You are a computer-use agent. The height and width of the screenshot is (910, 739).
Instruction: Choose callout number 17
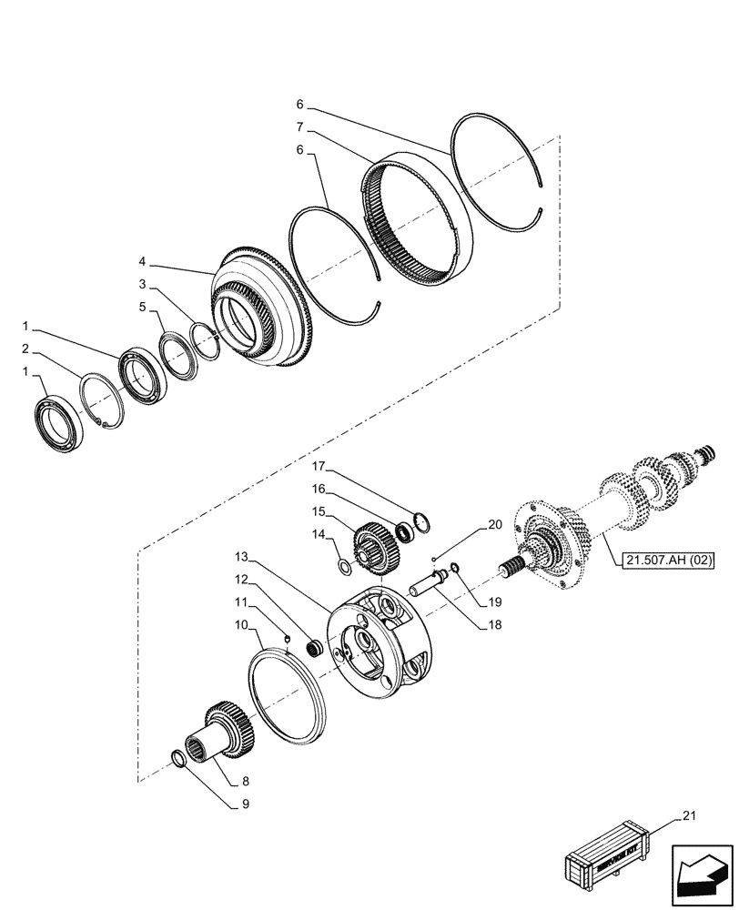pyautogui.click(x=319, y=467)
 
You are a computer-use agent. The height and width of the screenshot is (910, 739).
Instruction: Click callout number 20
pyautogui.click(x=494, y=525)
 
